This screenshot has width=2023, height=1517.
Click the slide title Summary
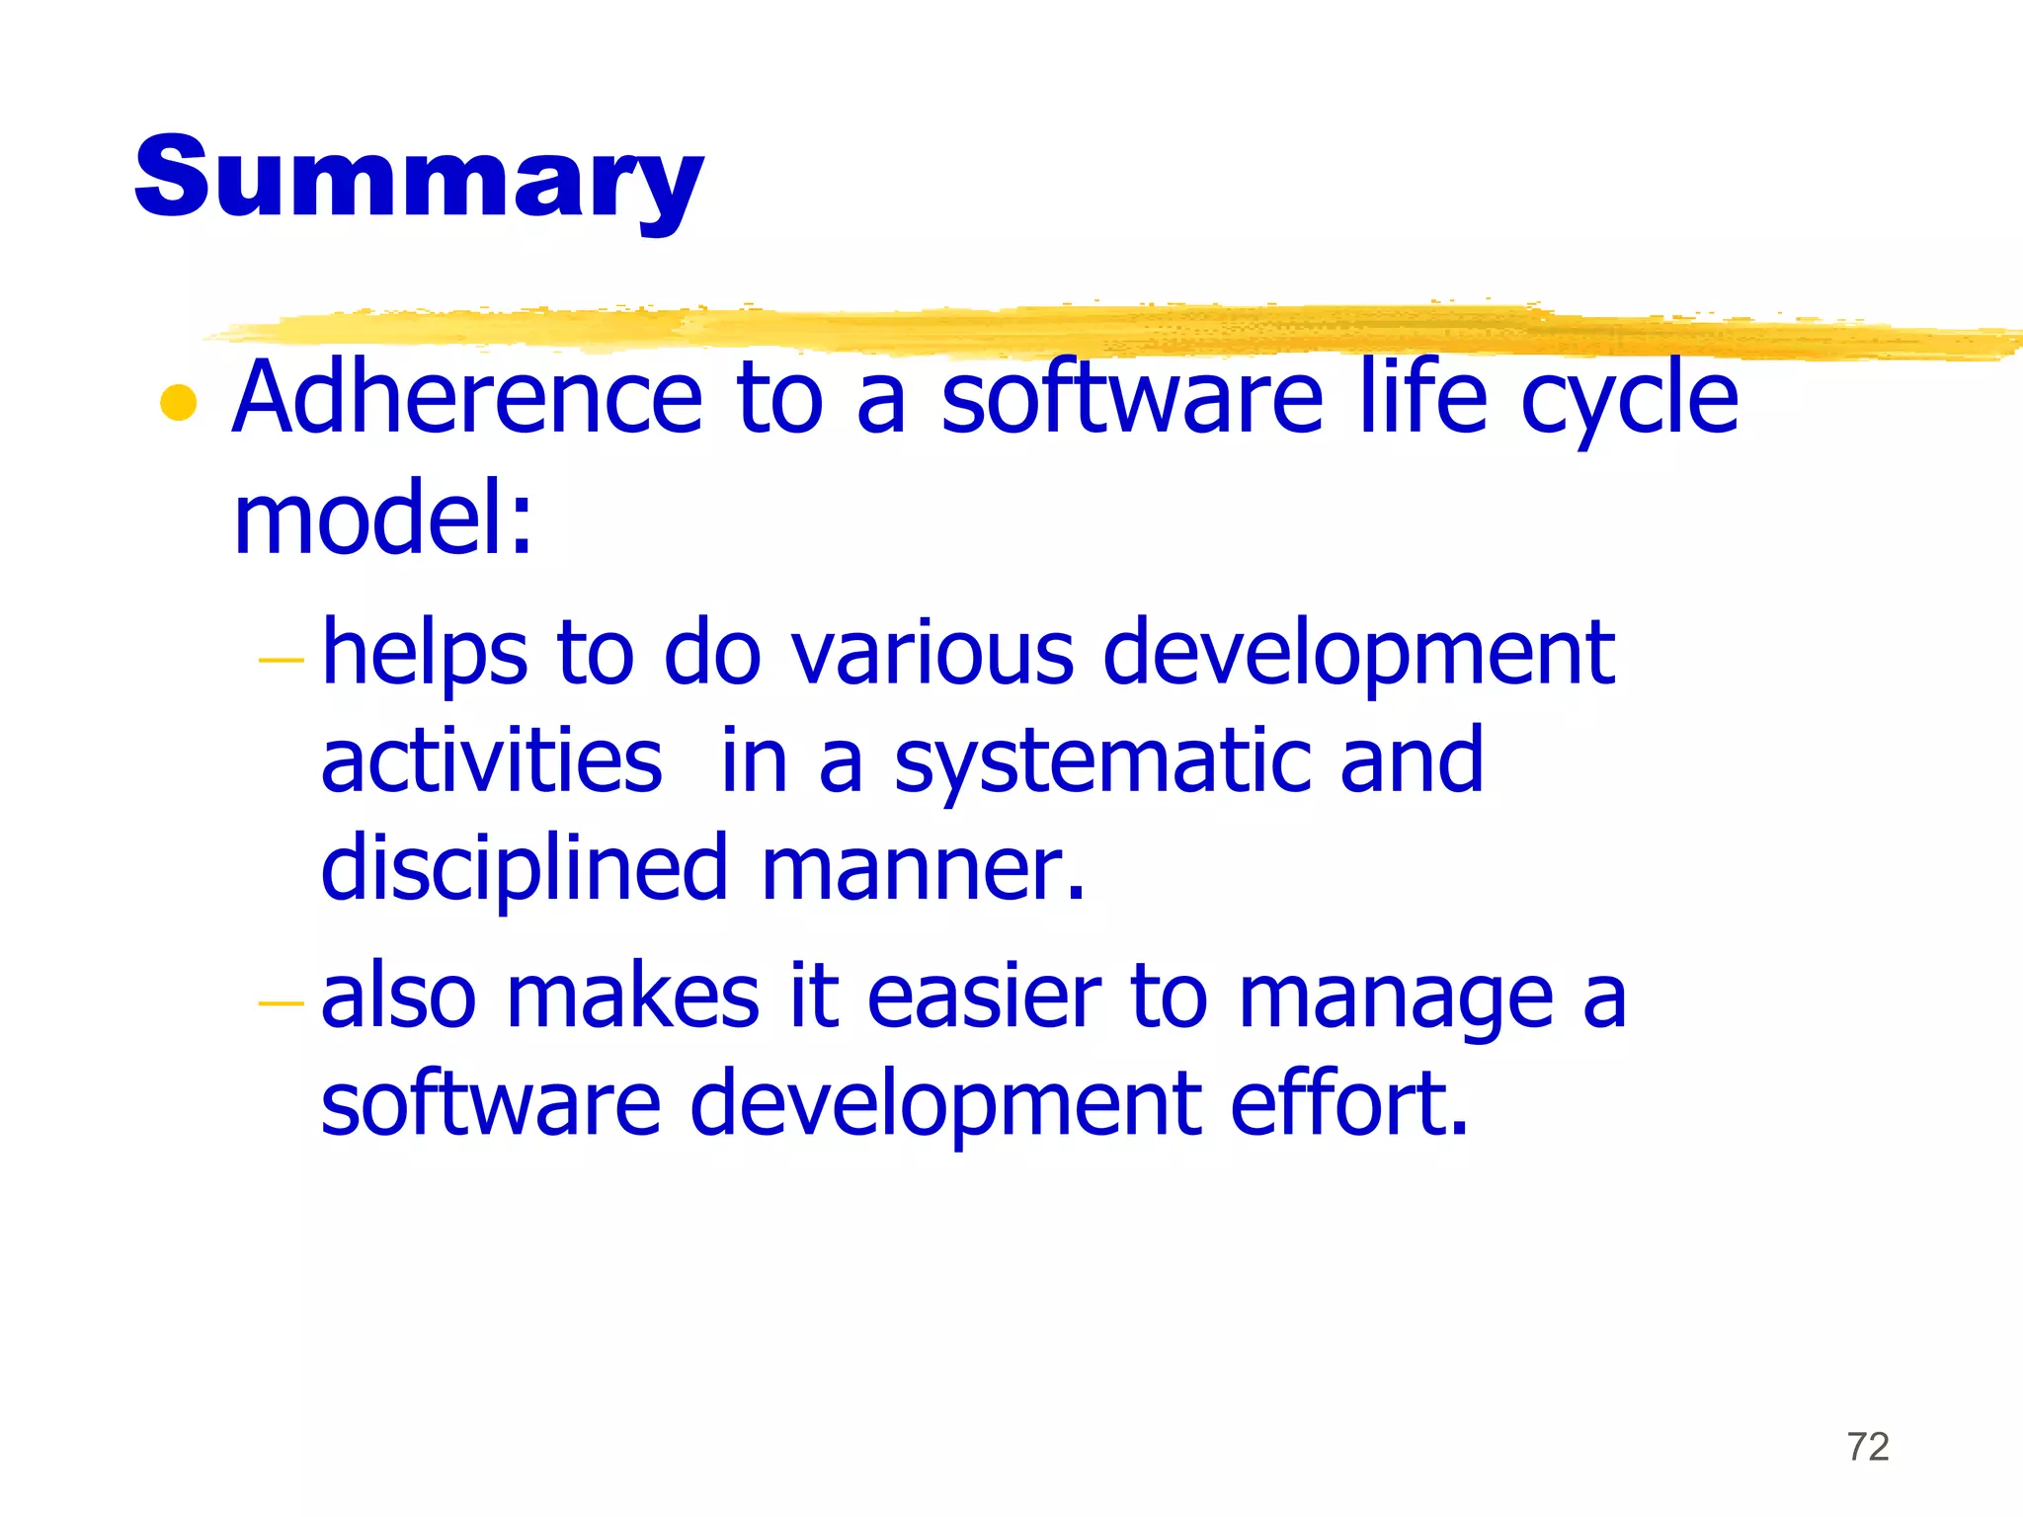pos(419,180)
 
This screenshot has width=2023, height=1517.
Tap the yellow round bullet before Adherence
pos(179,403)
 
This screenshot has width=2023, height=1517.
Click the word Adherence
pos(467,397)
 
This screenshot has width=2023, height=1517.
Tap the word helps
pos(425,656)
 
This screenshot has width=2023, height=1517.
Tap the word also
pos(398,997)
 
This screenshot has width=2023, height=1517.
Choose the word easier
pos(984,997)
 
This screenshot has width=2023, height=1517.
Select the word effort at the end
pos(1349,1103)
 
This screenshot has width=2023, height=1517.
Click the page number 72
pos(1868,1447)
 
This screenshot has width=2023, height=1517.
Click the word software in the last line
pos(491,1103)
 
